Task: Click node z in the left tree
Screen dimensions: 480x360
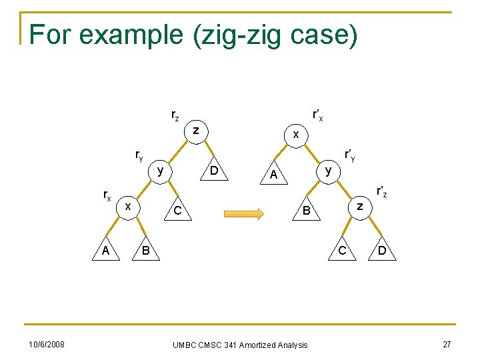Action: coord(195,131)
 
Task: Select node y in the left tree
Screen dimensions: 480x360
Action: coord(160,171)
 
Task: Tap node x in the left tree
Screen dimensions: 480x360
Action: coord(127,207)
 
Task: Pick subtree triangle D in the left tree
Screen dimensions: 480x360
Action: coord(214,171)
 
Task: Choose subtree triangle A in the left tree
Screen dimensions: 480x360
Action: coord(106,251)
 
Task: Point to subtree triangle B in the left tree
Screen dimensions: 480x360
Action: coord(146,251)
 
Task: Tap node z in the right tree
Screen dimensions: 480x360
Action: coord(359,207)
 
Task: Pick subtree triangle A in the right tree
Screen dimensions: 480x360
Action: coord(273,174)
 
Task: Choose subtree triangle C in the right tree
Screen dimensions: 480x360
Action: coord(342,251)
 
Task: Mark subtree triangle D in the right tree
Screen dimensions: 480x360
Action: coord(381,251)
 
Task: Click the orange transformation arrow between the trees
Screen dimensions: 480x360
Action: coord(244,213)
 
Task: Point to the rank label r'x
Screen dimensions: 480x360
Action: coord(318,115)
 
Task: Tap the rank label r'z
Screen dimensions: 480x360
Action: coord(381,193)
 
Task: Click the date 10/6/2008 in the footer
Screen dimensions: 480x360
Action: coord(46,344)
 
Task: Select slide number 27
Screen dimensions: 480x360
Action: coord(447,344)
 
